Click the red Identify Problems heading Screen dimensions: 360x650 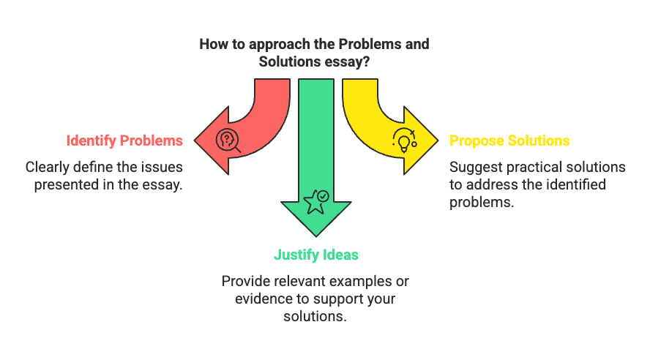point(124,140)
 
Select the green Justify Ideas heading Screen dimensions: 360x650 point(315,255)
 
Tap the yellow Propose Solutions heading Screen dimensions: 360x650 point(509,140)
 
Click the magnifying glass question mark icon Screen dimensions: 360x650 point(228,140)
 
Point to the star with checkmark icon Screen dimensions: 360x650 point(315,200)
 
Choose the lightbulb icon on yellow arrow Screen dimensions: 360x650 point(404,139)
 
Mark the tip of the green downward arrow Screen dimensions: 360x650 point(315,235)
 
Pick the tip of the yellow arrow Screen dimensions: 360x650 point(437,140)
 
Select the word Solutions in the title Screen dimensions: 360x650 point(286,62)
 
